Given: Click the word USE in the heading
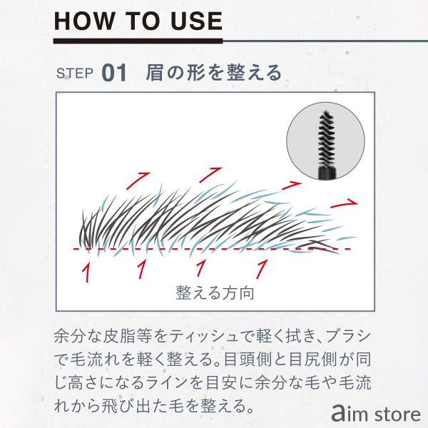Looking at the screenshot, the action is coord(197,21).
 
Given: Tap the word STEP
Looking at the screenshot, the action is coord(74,73).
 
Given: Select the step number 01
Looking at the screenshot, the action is coord(114,73).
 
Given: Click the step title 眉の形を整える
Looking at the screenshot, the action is coord(213,73).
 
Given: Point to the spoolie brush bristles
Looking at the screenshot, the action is coord(326,138).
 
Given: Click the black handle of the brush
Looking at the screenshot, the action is coord(327,173).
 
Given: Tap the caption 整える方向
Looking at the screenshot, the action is coord(215,293).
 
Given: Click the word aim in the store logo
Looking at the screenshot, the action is coord(351,414).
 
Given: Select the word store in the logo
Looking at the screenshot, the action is coord(398,414).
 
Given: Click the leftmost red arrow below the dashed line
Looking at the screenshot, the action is coord(86,272).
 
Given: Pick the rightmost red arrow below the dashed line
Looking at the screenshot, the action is coord(262,269).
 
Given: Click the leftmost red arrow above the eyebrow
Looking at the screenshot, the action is coord(138,180).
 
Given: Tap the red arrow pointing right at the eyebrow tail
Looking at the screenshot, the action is coord(344,203).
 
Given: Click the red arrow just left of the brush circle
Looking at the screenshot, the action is coord(292,185).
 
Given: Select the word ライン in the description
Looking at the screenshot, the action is coord(169,382).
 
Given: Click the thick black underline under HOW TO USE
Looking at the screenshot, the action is coord(138,41).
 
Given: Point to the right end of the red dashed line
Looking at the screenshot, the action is coord(350,249).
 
